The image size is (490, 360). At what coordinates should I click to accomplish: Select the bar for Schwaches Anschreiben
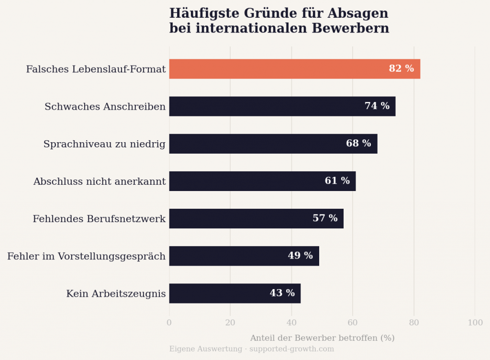(x=268, y=106)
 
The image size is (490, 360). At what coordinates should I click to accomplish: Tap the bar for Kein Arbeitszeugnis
(x=220, y=293)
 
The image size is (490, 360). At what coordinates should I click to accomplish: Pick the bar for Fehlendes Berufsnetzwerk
(x=239, y=218)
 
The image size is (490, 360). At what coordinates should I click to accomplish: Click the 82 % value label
(x=401, y=69)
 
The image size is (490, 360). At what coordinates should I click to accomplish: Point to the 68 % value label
(x=358, y=144)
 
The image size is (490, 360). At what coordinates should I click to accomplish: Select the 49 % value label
(x=300, y=256)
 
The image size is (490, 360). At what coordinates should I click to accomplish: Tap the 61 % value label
(x=337, y=181)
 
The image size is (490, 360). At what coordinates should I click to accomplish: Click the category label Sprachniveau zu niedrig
(x=104, y=144)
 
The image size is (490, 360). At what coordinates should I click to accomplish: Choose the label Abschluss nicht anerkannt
(x=100, y=181)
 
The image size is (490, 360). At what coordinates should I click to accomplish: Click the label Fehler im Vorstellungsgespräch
(x=86, y=257)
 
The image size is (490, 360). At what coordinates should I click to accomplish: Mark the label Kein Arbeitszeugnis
(x=116, y=294)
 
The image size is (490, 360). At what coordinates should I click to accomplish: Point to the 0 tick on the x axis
(x=169, y=323)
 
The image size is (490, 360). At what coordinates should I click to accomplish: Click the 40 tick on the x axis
(x=291, y=323)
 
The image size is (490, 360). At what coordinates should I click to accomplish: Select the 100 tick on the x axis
(x=475, y=323)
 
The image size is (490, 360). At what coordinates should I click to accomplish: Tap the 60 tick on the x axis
(x=353, y=323)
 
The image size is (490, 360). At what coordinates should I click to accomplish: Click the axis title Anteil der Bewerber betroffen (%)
(x=322, y=338)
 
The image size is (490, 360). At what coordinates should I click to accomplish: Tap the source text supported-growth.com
(x=291, y=349)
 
